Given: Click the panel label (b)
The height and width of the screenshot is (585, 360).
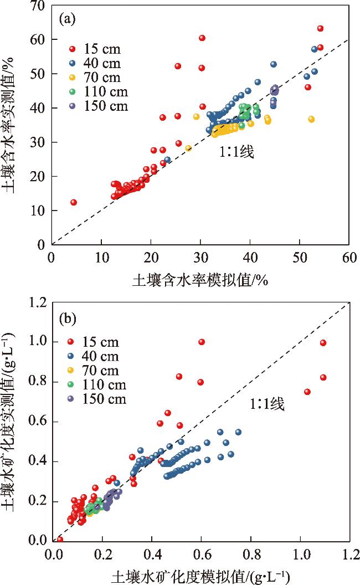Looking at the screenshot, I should pyautogui.click(x=71, y=320).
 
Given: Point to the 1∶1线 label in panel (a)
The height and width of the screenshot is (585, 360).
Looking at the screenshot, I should pyautogui.click(x=236, y=153).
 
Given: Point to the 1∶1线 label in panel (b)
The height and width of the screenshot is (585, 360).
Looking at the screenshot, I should pyautogui.click(x=266, y=405).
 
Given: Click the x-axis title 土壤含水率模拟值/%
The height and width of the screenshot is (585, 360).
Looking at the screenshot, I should pyautogui.click(x=199, y=281).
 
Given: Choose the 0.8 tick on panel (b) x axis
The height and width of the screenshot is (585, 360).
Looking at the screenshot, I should pyautogui.click(x=251, y=553).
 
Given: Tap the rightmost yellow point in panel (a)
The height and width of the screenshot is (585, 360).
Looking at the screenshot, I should pyautogui.click(x=311, y=119).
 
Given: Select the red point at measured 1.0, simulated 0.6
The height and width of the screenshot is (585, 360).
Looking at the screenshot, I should pyautogui.click(x=202, y=342).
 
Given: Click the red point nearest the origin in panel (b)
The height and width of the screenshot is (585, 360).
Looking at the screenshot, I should pyautogui.click(x=60, y=539).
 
